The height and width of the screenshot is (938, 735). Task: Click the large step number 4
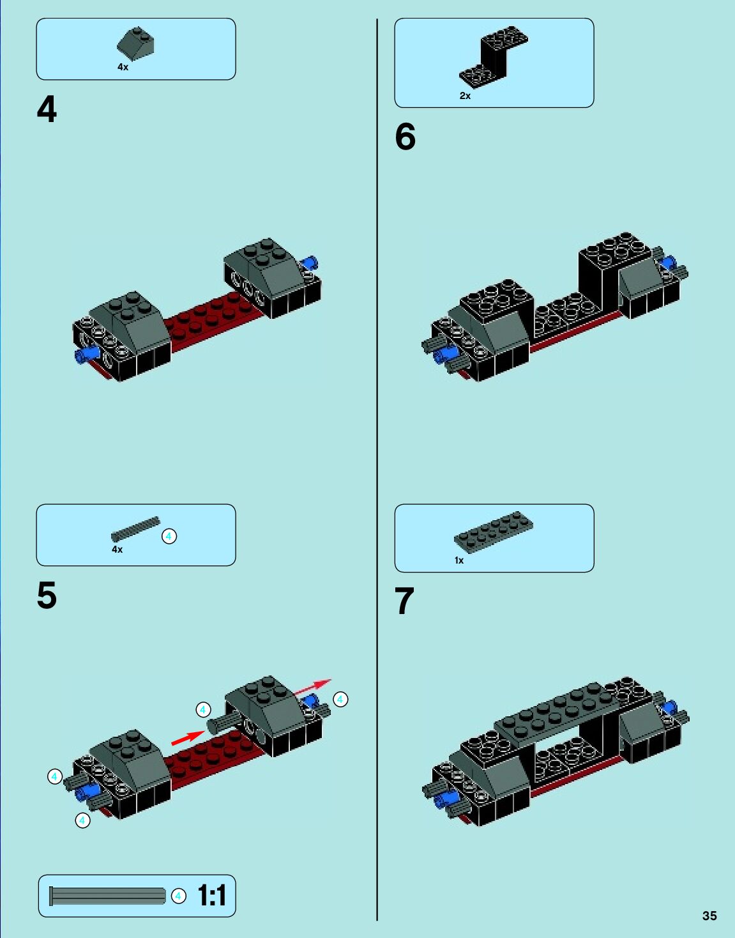(x=47, y=109)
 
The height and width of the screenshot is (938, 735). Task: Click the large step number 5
(x=47, y=596)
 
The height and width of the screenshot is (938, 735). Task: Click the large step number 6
(x=405, y=136)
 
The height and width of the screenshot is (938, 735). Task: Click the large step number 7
(x=404, y=601)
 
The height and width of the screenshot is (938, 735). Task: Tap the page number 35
(x=709, y=916)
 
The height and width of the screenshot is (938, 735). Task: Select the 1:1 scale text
(x=212, y=895)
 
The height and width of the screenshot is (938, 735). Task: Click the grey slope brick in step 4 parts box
(x=135, y=44)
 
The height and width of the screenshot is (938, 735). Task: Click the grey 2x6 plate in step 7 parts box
(x=494, y=532)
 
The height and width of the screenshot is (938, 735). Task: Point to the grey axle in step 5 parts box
(x=135, y=529)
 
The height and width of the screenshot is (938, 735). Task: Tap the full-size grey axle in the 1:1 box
(x=107, y=896)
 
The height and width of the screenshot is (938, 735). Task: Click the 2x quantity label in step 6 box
(x=465, y=96)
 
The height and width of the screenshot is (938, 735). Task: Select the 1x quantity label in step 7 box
(x=459, y=560)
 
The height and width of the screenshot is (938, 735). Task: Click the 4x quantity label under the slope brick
(x=123, y=67)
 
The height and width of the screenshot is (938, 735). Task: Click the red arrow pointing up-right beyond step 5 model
(x=312, y=686)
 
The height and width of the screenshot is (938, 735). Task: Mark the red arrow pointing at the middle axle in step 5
(x=188, y=738)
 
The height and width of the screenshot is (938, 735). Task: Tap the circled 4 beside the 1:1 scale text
(x=179, y=896)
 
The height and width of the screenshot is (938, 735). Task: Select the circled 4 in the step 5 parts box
(x=169, y=536)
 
